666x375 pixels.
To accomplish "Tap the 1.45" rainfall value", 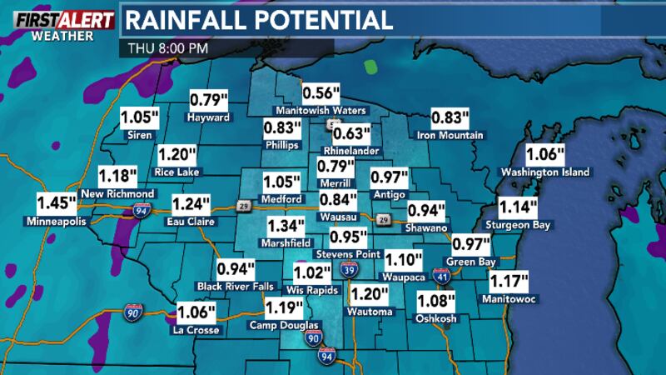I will click(56, 202).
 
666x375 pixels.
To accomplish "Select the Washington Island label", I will click(544, 172).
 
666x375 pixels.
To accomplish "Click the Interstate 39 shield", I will click(350, 270).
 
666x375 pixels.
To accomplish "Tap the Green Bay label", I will click(470, 262).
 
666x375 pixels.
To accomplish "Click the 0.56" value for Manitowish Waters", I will click(321, 93).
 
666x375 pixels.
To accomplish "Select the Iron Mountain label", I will click(450, 135).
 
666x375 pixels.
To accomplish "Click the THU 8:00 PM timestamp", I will click(167, 47).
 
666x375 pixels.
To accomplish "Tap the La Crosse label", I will click(196, 330).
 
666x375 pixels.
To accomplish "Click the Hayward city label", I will click(208, 117).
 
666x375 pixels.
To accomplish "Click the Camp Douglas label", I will click(284, 325).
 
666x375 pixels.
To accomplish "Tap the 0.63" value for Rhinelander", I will click(350, 133).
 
